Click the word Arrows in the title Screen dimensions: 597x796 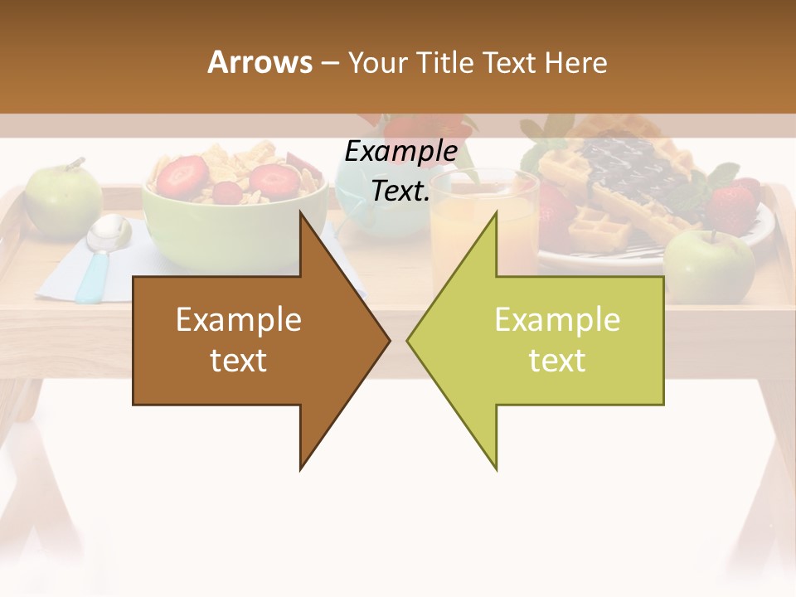pyautogui.click(x=260, y=62)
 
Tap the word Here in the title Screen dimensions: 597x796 pyautogui.click(x=575, y=62)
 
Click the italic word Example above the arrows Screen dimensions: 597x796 pyautogui.click(x=400, y=151)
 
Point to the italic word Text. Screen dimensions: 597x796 pyautogui.click(x=400, y=192)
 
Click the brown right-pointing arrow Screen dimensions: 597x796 pyautogui.click(x=249, y=340)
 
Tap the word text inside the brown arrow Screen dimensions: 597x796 pyautogui.click(x=238, y=361)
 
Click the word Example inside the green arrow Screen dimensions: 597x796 pyautogui.click(x=557, y=319)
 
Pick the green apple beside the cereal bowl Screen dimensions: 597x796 pyautogui.click(x=62, y=199)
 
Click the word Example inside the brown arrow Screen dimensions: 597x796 pyautogui.click(x=238, y=319)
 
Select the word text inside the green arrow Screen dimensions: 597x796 pyautogui.click(x=557, y=361)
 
